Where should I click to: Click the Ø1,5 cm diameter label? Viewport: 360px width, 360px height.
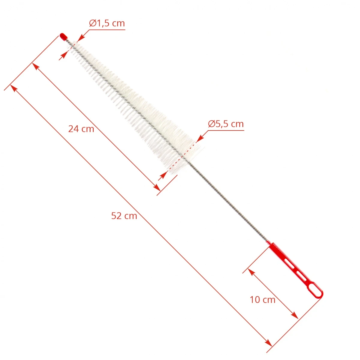point(107,23)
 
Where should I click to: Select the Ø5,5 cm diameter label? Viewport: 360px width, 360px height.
point(226,124)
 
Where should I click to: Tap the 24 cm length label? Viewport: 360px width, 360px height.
point(81,129)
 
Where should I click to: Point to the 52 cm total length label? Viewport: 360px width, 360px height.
point(124,216)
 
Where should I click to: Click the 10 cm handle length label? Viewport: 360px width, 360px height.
point(262,300)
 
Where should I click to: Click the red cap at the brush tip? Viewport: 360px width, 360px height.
point(64,36)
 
